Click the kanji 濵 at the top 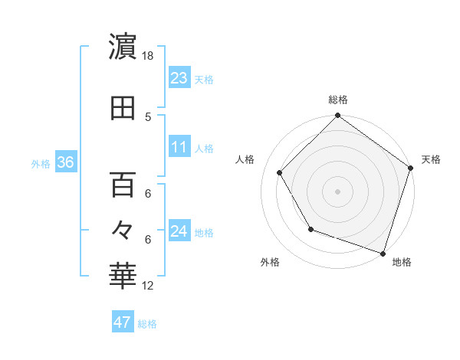(x=123, y=47)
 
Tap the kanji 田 (x=123, y=108)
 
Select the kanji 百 (x=123, y=185)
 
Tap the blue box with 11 (x=179, y=146)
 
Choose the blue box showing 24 (x=179, y=231)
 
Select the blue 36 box (x=65, y=162)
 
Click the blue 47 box (x=123, y=322)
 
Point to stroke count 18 (x=149, y=56)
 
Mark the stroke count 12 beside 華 (x=149, y=286)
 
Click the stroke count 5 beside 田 (x=149, y=116)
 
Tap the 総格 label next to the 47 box (x=147, y=324)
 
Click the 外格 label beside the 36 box (x=41, y=163)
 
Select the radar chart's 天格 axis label (x=431, y=159)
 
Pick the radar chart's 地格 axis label (x=402, y=262)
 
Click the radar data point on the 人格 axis (x=280, y=172)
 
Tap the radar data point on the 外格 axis (x=310, y=229)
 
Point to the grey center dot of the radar (x=337, y=191)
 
